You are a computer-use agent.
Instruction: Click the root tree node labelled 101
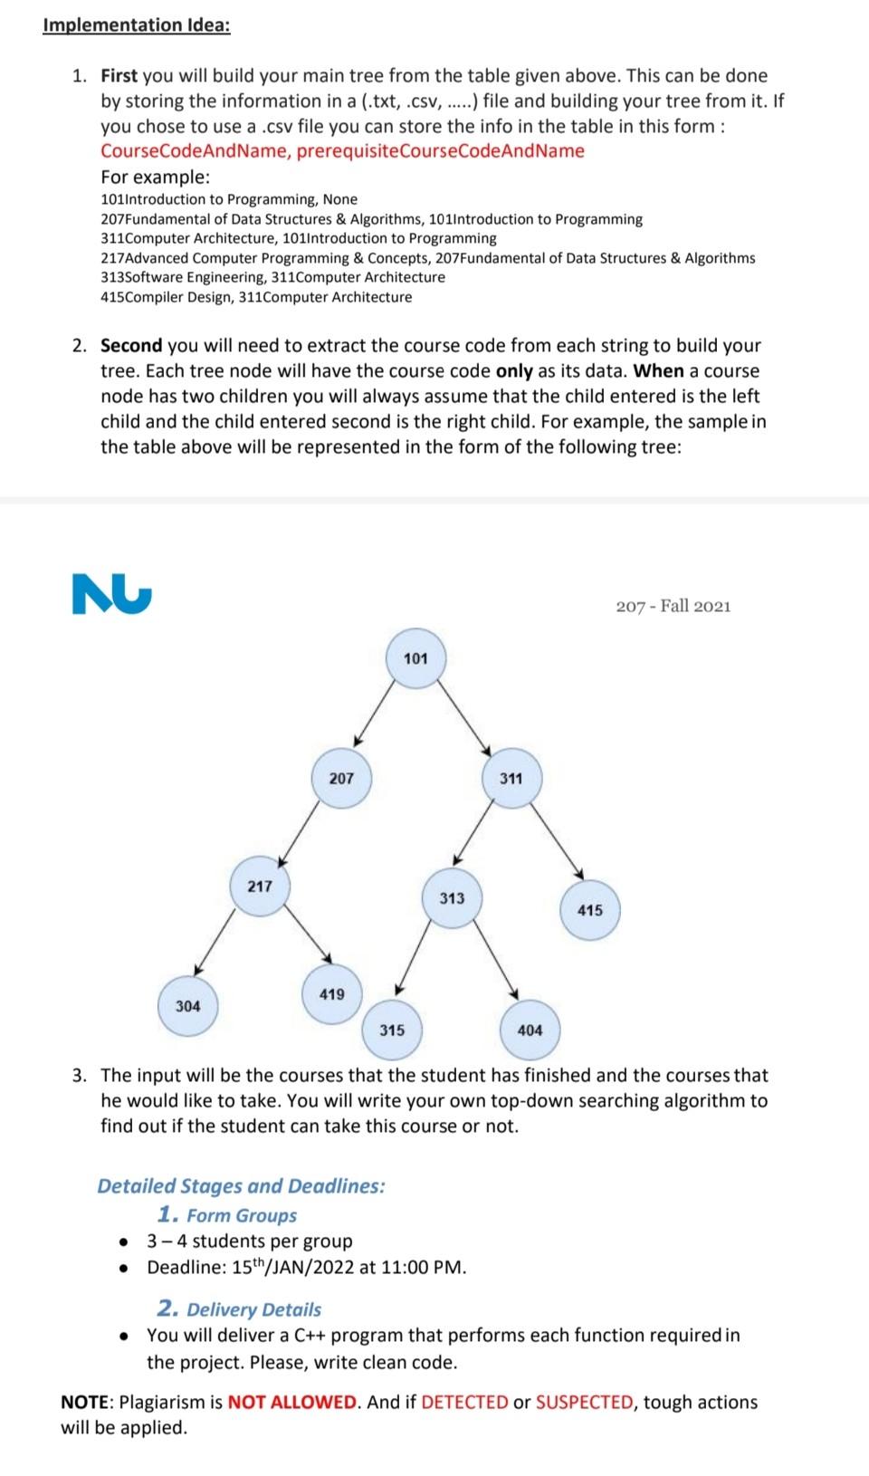pyautogui.click(x=415, y=658)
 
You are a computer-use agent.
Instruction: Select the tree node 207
pyautogui.click(x=341, y=779)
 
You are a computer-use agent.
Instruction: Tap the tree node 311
pyautogui.click(x=511, y=779)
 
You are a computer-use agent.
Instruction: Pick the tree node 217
pyautogui.click(x=260, y=887)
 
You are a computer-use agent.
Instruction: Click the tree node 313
pyautogui.click(x=452, y=898)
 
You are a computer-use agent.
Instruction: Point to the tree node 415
pyautogui.click(x=589, y=910)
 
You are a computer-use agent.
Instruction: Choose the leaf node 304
pyautogui.click(x=188, y=1006)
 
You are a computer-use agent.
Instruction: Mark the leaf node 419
pyautogui.click(x=332, y=994)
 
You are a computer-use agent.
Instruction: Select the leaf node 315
pyautogui.click(x=392, y=1030)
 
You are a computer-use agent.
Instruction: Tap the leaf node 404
pyautogui.click(x=530, y=1030)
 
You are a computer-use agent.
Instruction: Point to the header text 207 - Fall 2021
pyautogui.click(x=673, y=606)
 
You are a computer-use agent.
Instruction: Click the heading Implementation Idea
pyautogui.click(x=136, y=24)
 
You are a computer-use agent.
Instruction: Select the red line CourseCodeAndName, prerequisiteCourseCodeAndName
pyautogui.click(x=342, y=150)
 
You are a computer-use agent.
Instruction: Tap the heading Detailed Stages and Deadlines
pyautogui.click(x=241, y=1186)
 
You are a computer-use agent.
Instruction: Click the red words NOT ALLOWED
pyautogui.click(x=292, y=1403)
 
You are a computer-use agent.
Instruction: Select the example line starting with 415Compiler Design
pyautogui.click(x=256, y=297)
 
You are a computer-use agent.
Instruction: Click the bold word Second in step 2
pyautogui.click(x=131, y=346)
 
